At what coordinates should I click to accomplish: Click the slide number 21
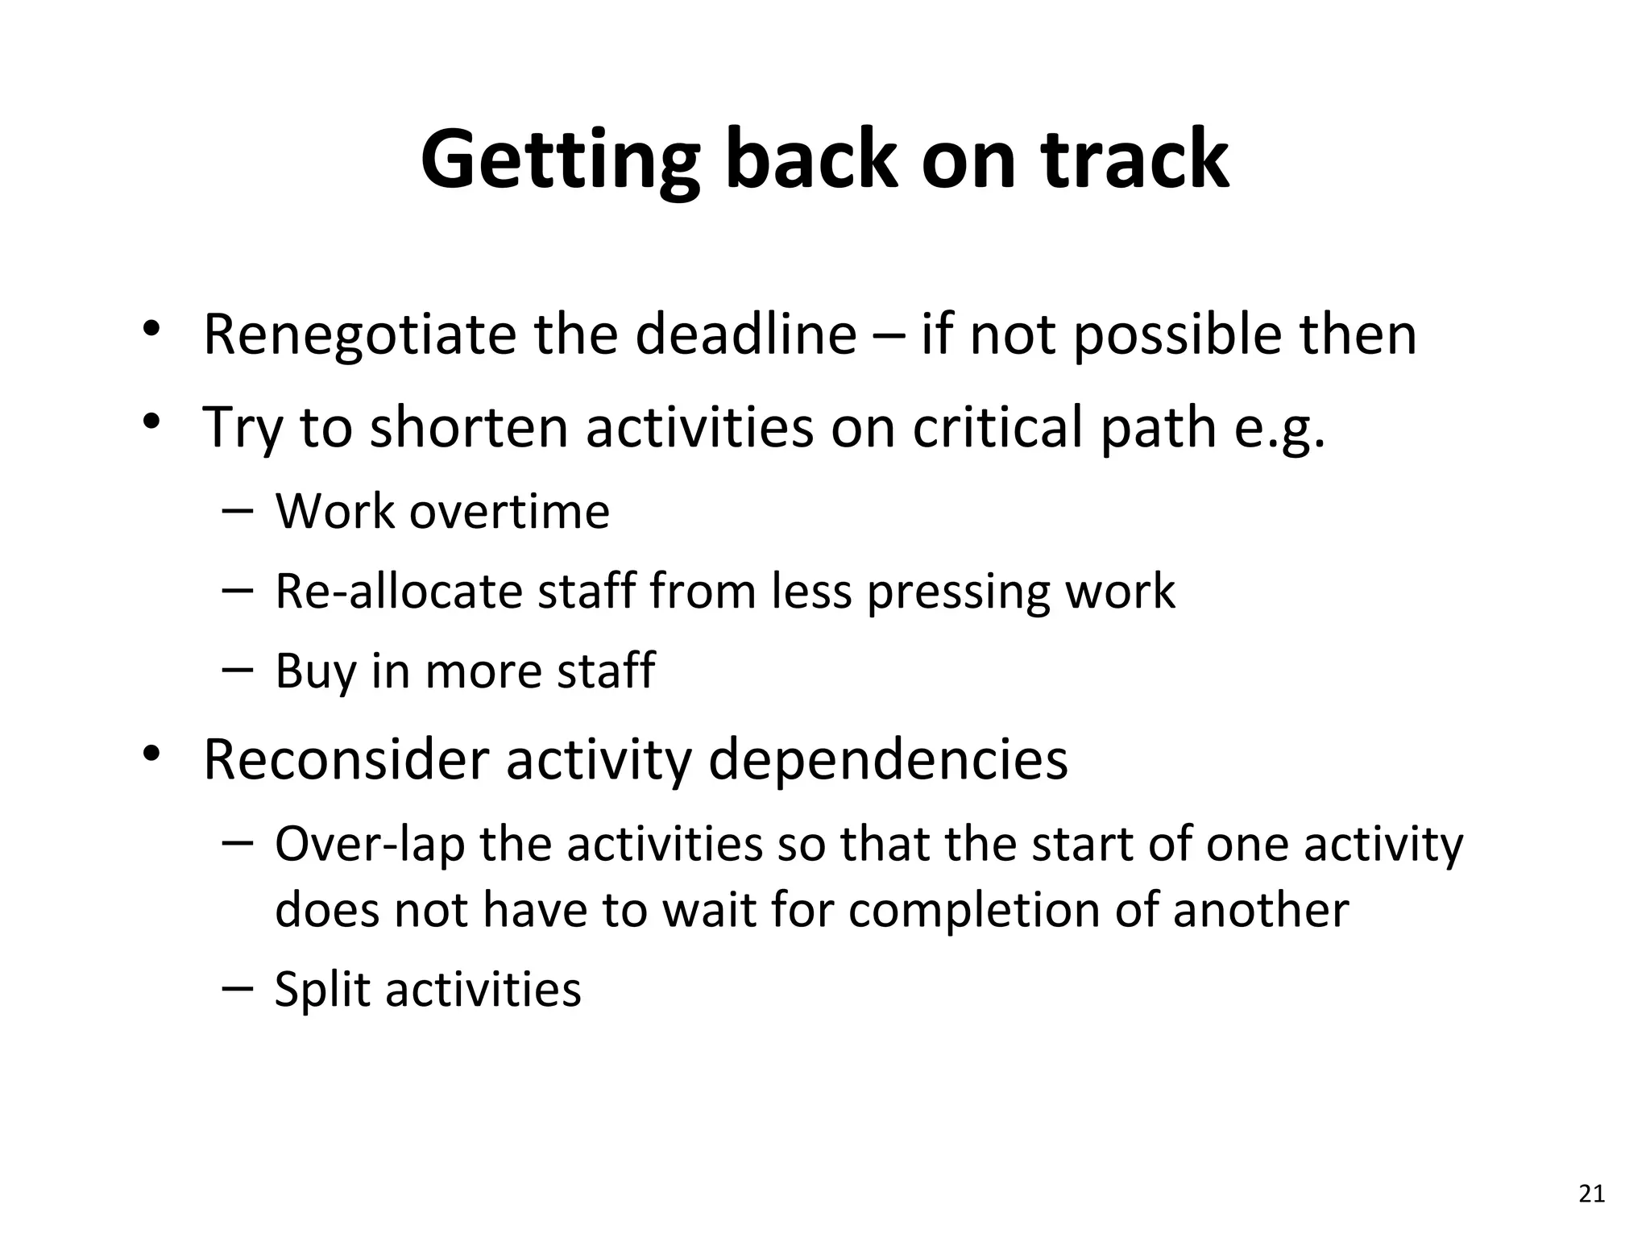tap(1591, 1194)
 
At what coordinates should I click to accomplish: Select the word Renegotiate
tap(359, 334)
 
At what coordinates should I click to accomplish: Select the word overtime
tap(509, 512)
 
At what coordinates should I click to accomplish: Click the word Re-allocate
tap(398, 591)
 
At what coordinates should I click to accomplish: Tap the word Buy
tap(315, 671)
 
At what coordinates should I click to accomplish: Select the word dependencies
tap(887, 761)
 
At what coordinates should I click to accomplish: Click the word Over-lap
tap(370, 845)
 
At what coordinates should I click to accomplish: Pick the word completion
tap(974, 912)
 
